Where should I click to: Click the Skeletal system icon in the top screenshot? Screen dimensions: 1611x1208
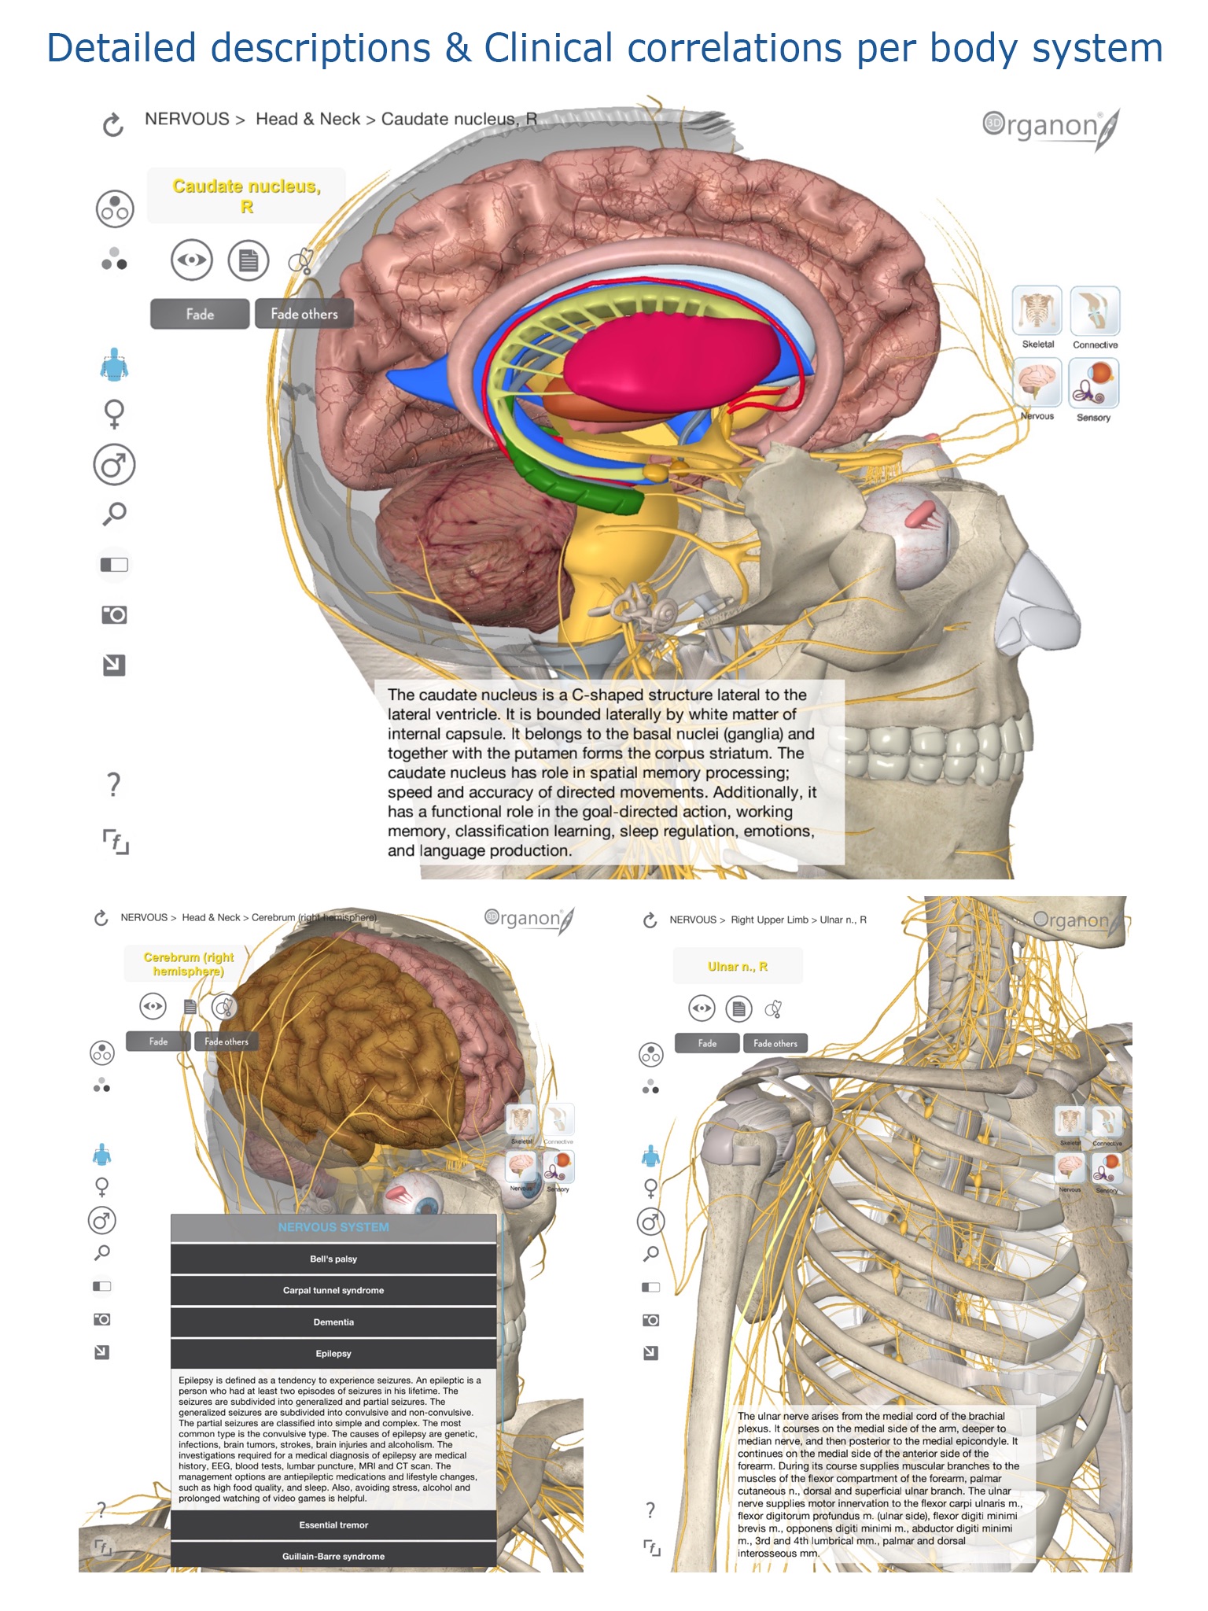pos(1037,312)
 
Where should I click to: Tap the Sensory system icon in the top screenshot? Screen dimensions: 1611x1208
pos(1093,383)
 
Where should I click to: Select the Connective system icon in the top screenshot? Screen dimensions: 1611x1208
pos(1095,312)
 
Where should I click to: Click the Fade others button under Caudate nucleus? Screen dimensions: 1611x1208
pos(304,314)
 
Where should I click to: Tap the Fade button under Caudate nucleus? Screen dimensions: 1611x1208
pos(200,314)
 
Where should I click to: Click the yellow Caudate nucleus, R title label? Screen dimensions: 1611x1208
pos(246,196)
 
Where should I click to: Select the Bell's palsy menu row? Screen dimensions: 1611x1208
pos(333,1259)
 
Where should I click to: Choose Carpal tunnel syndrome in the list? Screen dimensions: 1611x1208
pos(333,1290)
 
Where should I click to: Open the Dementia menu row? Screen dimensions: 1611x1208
pos(333,1322)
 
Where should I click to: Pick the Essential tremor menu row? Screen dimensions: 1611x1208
pos(333,1524)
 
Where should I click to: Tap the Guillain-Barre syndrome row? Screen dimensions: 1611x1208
pos(333,1556)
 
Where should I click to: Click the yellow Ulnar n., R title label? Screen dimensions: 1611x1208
pos(738,966)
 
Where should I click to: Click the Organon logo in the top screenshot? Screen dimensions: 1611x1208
pos(1050,127)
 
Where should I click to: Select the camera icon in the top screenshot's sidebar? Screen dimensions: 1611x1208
pos(114,614)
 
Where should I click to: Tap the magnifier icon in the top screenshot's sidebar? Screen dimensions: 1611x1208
pos(114,514)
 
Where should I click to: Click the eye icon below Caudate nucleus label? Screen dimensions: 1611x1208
pos(191,260)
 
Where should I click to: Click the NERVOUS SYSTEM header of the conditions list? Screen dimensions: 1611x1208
pos(333,1227)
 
